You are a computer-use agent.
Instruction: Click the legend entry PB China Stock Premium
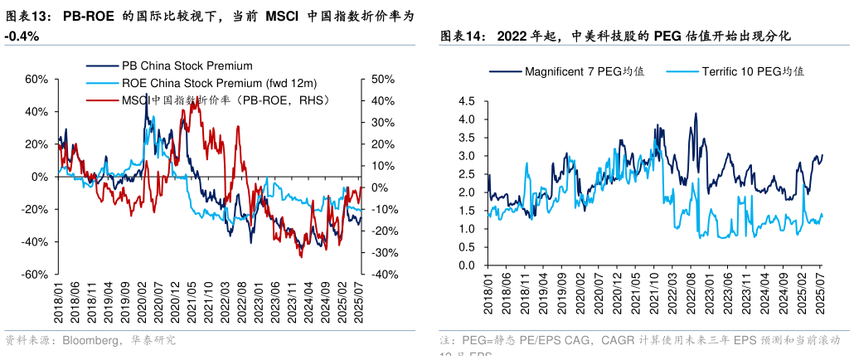coord(187,66)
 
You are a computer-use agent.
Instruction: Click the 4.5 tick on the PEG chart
coord(466,101)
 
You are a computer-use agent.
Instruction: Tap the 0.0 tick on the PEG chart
coord(466,265)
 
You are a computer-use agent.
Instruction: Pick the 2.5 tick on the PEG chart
coord(466,174)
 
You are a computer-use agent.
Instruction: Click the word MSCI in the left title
coord(282,16)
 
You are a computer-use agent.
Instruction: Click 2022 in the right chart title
coord(513,36)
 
